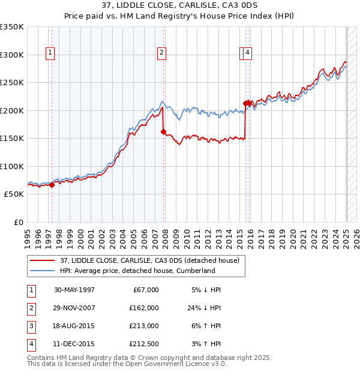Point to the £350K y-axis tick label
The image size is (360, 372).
tap(11, 27)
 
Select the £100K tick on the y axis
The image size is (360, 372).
tap(11, 166)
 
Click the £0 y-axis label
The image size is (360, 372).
tap(18, 222)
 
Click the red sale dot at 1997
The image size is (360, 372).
tap(52, 185)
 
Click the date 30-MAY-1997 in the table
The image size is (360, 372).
tap(74, 290)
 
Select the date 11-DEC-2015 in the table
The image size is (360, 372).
tap(74, 344)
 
